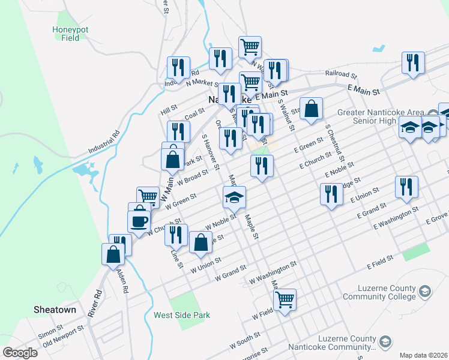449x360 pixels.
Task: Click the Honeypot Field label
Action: coord(66,33)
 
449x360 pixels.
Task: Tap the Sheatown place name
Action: coord(54,310)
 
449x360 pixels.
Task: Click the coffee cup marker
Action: coord(139,221)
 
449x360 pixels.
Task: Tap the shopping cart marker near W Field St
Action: coord(285,298)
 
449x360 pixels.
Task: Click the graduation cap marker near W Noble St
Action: coord(235,196)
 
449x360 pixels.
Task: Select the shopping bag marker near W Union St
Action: coord(200,242)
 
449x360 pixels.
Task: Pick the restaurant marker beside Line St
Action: coord(176,234)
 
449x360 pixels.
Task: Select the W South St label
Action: coord(245,343)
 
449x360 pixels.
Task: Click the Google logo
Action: coord(20,352)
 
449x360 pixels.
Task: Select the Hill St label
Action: coord(170,109)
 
